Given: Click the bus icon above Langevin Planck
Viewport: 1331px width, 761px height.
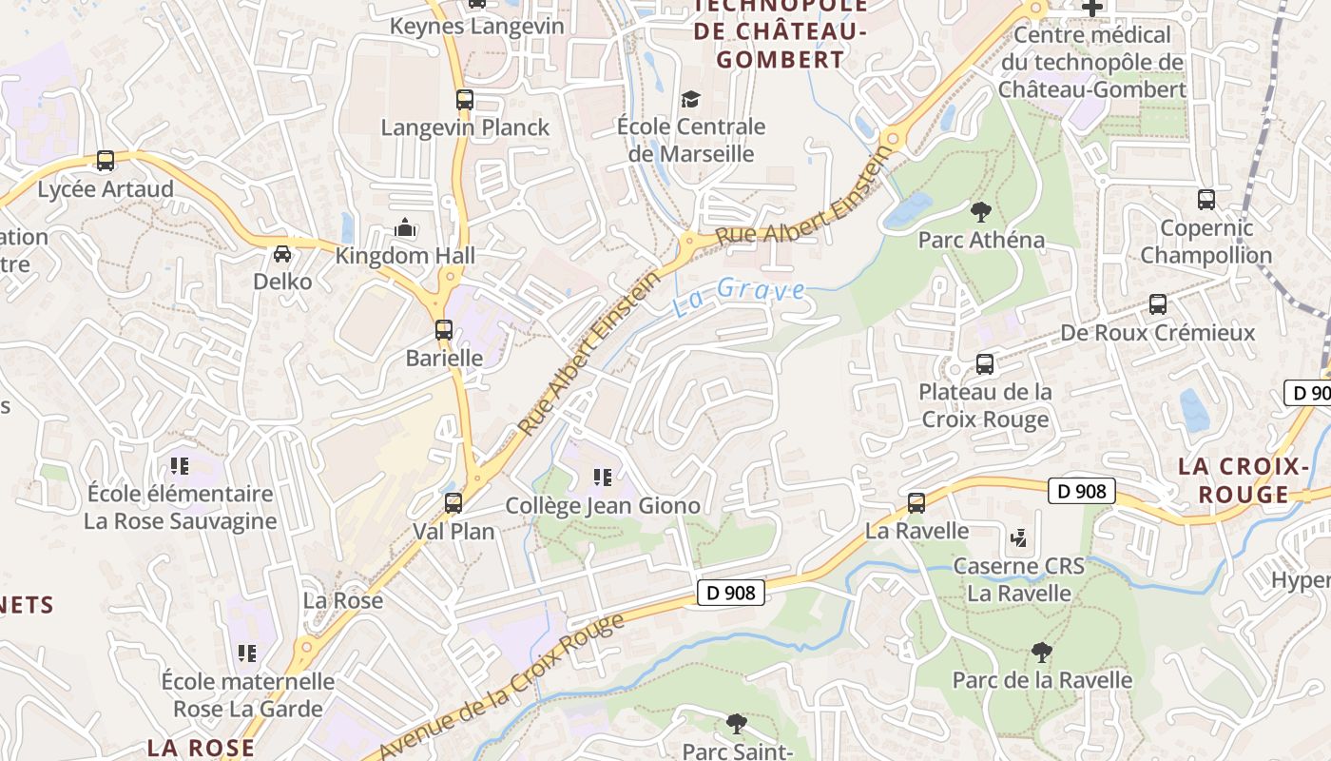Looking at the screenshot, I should [x=464, y=99].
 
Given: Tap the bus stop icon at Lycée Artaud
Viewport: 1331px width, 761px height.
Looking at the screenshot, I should [x=106, y=161].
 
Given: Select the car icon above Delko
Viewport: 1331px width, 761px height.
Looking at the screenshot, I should [x=282, y=254].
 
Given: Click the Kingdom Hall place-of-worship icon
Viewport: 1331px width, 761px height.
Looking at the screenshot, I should [x=405, y=228].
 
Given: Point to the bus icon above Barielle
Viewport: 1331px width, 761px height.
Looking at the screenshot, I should [x=444, y=330].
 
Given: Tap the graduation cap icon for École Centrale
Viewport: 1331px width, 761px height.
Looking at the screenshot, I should [x=690, y=99].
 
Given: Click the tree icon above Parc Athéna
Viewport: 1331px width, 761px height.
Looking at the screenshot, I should [x=981, y=211].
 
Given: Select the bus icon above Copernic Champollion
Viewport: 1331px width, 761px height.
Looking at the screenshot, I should [x=1206, y=200].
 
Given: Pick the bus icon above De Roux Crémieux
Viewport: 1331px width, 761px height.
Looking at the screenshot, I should [x=1157, y=304].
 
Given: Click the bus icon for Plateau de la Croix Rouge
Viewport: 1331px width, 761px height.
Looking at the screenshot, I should [x=985, y=363].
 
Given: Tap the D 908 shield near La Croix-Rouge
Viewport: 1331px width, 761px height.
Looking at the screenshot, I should [x=1082, y=491].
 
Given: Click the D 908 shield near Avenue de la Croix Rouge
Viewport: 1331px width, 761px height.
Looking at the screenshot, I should [x=731, y=593].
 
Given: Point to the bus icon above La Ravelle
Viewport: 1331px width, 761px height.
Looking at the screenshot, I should [x=916, y=502].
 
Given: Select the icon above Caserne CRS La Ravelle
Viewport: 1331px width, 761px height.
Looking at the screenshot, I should [x=1018, y=538].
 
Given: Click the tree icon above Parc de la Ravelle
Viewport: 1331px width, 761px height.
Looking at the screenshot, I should [x=1042, y=653].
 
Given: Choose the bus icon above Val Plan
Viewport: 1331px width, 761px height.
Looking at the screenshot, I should [x=453, y=502].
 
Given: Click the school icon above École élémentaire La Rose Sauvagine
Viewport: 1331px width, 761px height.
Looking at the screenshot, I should [x=180, y=466].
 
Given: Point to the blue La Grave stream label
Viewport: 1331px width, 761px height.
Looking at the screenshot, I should [x=740, y=295].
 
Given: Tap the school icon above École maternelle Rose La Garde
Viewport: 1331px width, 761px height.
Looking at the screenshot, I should [x=247, y=654].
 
